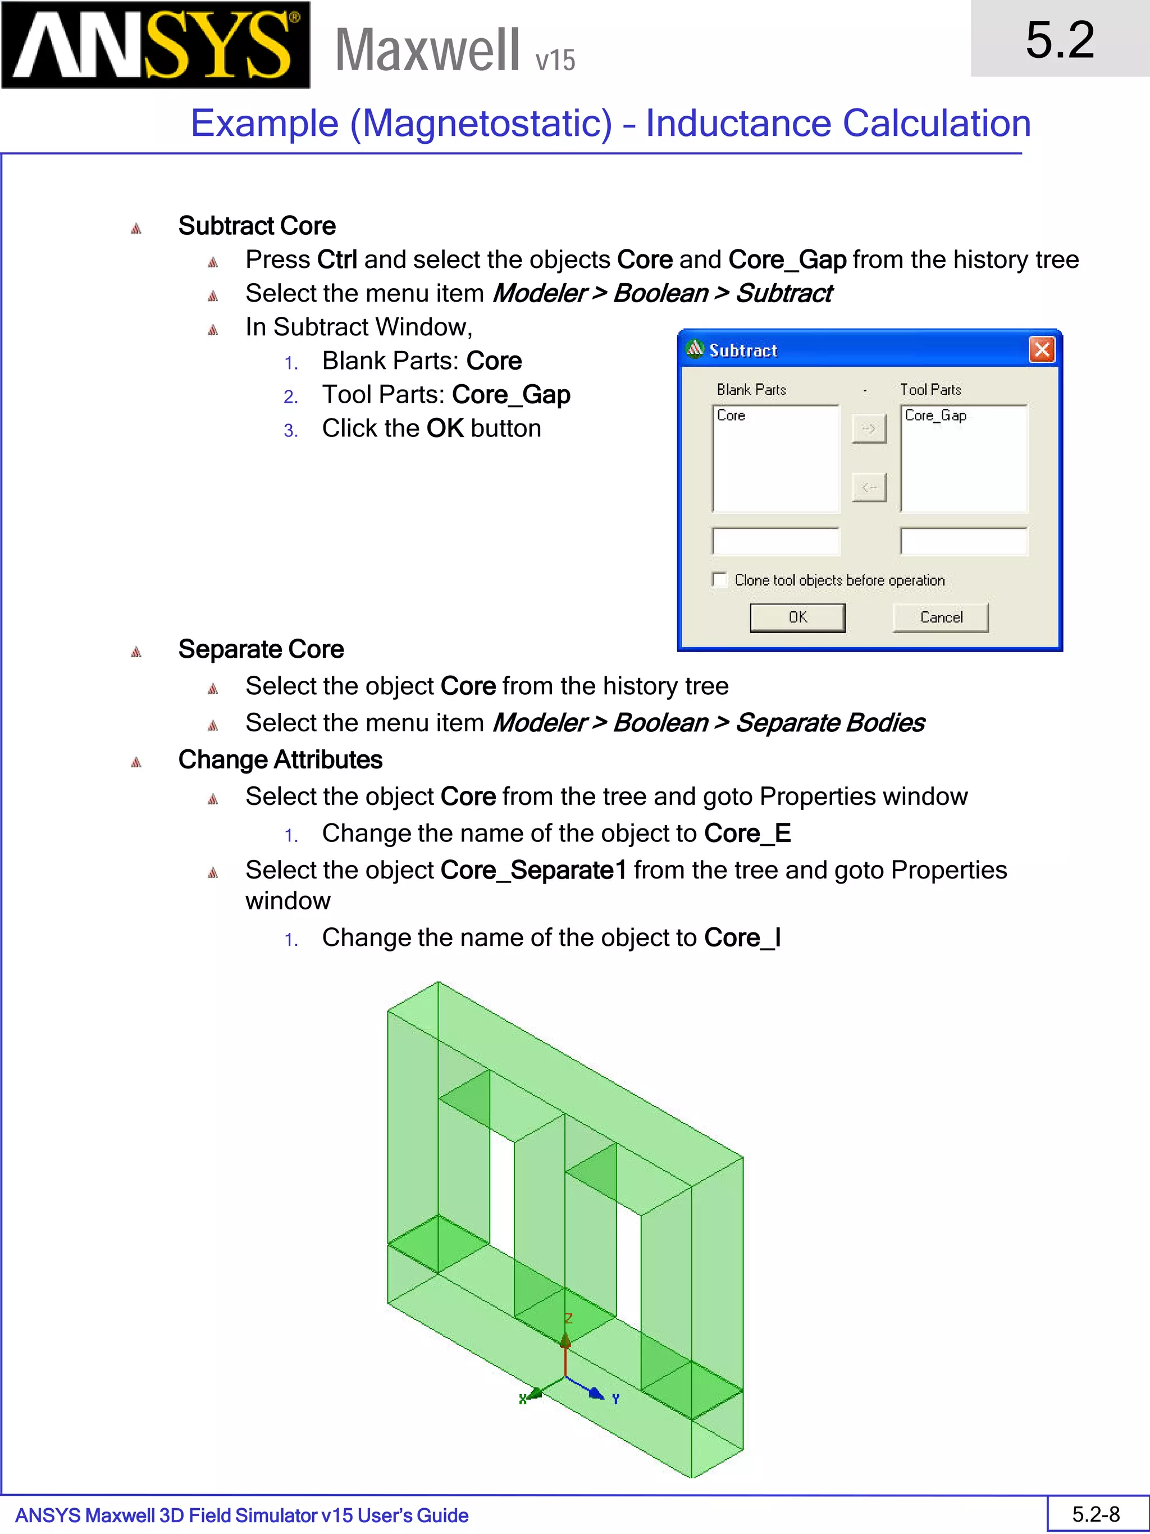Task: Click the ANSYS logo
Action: tap(156, 45)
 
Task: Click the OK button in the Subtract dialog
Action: tap(797, 617)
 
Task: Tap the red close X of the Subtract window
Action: tap(1042, 349)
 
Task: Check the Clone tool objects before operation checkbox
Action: tap(719, 580)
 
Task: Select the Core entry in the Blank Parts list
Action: tap(731, 416)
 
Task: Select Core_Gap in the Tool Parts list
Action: tap(935, 416)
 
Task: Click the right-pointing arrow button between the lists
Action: tap(869, 429)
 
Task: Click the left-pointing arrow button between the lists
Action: tap(869, 488)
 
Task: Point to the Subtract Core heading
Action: tap(257, 226)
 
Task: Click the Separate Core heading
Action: tap(261, 649)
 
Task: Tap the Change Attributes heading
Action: tap(280, 759)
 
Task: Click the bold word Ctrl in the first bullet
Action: tap(337, 260)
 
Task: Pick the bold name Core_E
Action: tap(747, 834)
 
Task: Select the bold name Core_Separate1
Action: tap(533, 870)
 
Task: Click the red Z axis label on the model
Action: tap(568, 1318)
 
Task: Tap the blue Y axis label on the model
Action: tap(615, 1399)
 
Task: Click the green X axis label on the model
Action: tap(523, 1399)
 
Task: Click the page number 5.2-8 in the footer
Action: tap(1096, 1514)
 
